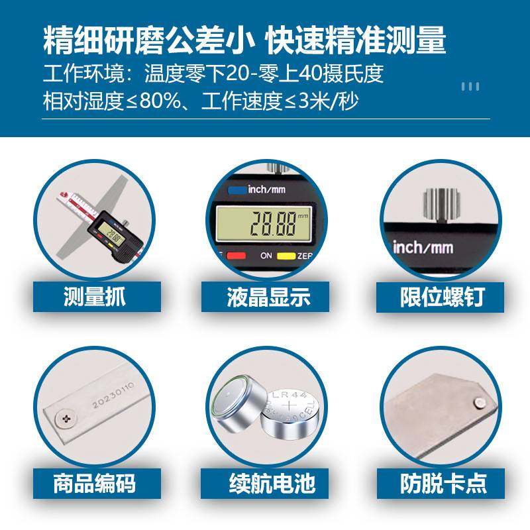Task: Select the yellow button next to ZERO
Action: [x=286, y=255]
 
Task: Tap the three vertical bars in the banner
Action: [x=470, y=86]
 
